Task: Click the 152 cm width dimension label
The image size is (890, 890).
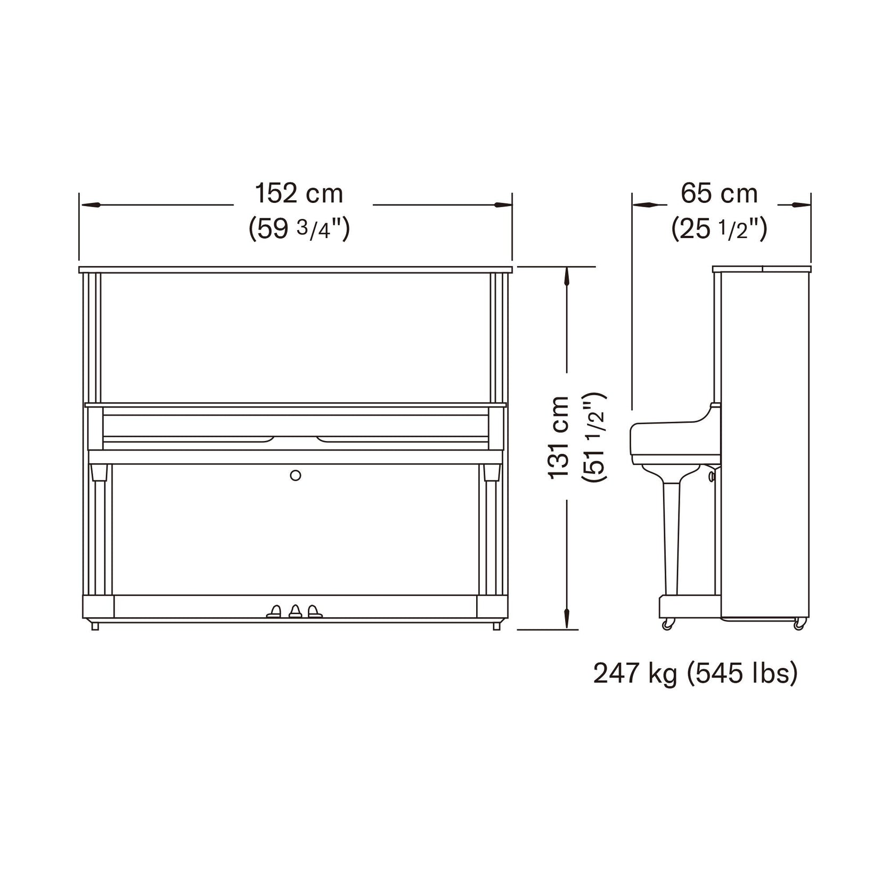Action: tap(299, 193)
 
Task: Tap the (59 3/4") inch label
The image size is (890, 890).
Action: tap(299, 229)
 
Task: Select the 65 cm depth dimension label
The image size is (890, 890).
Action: tap(719, 193)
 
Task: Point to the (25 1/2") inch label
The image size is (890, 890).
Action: tap(719, 229)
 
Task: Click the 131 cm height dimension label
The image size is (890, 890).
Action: tap(559, 437)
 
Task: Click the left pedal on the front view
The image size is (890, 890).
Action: tap(275, 611)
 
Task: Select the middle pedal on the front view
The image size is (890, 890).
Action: tap(295, 611)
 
